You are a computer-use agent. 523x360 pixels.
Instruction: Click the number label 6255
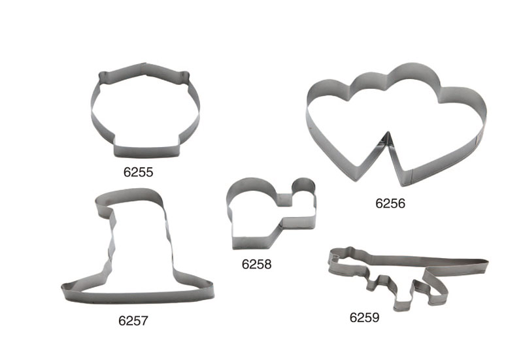(138, 172)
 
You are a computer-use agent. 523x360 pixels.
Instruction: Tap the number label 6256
(390, 203)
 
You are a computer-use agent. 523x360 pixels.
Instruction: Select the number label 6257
(133, 321)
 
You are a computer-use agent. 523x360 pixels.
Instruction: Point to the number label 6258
(256, 264)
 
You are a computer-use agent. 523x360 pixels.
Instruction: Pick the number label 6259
(364, 318)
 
